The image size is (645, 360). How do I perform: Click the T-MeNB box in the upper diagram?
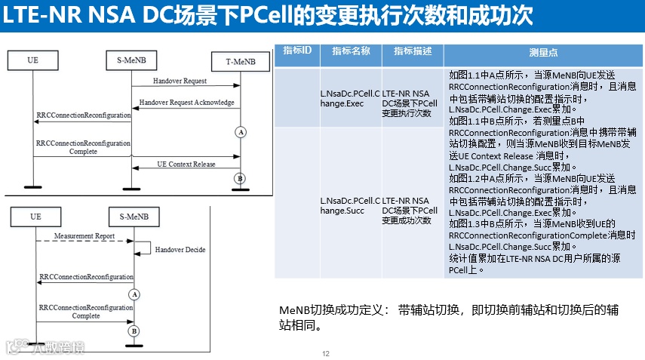[x=240, y=60]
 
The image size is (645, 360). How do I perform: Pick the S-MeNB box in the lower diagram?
[x=133, y=217]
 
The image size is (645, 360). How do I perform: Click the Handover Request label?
[x=180, y=80]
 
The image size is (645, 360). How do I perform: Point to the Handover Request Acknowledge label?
[x=186, y=102]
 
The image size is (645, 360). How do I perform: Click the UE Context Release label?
[x=186, y=164]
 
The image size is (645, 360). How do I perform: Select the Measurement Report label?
[x=84, y=236]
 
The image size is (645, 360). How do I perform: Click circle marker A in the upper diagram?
[x=241, y=132]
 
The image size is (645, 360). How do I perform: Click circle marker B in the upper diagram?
[x=241, y=178]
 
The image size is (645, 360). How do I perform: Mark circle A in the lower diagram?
[x=134, y=294]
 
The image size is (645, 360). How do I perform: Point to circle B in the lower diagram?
[x=134, y=331]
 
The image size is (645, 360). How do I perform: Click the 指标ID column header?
[x=297, y=51]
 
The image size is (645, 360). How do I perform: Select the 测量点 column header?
[x=543, y=53]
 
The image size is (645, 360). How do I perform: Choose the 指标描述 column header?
[x=413, y=51]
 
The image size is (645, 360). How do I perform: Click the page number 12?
[x=326, y=354]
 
